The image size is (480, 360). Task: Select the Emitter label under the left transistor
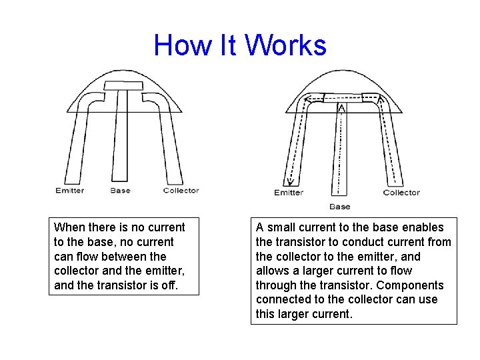click(70, 191)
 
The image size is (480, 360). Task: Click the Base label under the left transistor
click(121, 191)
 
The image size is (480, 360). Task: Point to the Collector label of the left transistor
click(181, 191)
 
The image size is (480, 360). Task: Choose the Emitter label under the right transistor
click(289, 193)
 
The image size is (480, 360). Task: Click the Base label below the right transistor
click(339, 207)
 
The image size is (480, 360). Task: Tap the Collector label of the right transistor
click(401, 193)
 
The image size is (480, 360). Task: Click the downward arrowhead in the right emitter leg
click(290, 181)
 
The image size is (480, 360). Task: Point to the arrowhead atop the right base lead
click(341, 108)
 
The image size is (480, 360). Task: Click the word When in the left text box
click(69, 227)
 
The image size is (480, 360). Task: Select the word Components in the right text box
click(411, 285)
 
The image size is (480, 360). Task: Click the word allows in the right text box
click(272, 271)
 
